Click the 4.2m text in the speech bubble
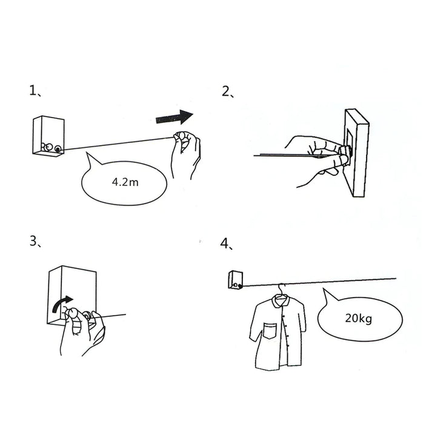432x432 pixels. point(125,182)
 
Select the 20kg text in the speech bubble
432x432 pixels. point(359,319)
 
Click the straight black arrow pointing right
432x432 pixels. point(174,118)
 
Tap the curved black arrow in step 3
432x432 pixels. point(62,304)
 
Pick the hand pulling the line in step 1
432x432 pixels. point(186,155)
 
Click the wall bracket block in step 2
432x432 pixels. point(356,153)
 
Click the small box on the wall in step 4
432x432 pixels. point(236,280)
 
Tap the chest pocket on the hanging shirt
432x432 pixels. point(270,331)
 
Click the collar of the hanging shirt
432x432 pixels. point(280,301)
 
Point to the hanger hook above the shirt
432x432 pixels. point(281,289)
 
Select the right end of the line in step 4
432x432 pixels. point(396,279)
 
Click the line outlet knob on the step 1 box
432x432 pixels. point(58,149)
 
